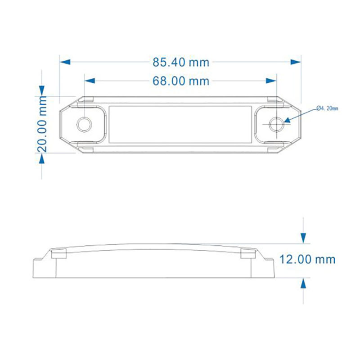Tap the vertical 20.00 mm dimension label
pyautogui.click(x=42, y=124)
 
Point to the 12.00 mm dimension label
pyautogui.click(x=308, y=259)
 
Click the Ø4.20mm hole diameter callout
pyautogui.click(x=327, y=108)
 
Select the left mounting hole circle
pyautogui.click(x=84, y=124)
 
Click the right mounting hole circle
pyautogui.click(x=276, y=124)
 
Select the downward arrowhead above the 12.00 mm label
pyautogui.click(x=304, y=238)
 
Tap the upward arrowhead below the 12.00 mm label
pyautogui.click(x=304, y=283)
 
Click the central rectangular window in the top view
pyautogui.click(x=180, y=124)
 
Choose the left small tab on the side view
pyautogui.click(x=58, y=254)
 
